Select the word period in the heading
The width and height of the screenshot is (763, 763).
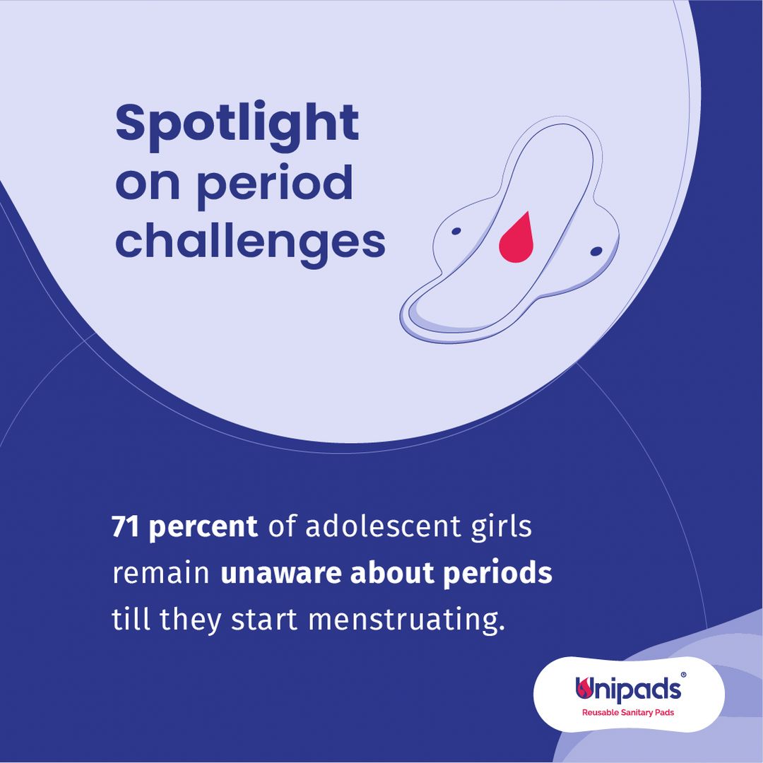click(x=274, y=186)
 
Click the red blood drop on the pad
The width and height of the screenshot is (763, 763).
click(x=516, y=237)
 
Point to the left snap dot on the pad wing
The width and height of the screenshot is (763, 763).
click(x=456, y=231)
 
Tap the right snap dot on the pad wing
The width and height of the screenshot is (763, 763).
click(x=596, y=251)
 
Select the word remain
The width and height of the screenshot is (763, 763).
click(x=160, y=573)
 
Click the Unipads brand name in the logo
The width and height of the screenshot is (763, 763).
click(x=628, y=689)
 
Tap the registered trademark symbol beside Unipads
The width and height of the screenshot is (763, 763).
click(x=683, y=675)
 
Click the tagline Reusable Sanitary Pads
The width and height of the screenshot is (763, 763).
click(x=628, y=712)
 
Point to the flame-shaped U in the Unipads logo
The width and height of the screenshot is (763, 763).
click(x=584, y=687)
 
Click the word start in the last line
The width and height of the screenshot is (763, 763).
click(x=264, y=620)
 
